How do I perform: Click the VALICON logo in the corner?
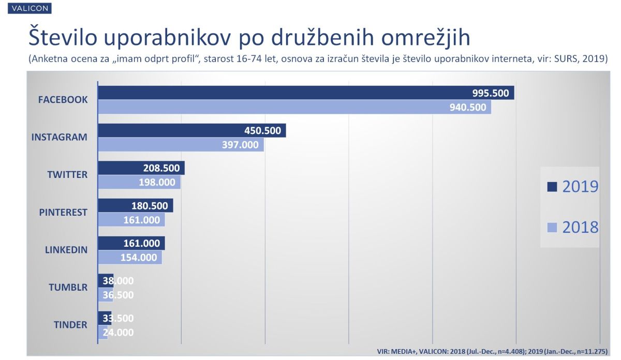pos(27,9)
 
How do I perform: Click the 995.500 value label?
pos(491,94)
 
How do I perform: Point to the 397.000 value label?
pos(240,145)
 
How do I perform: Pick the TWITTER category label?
pos(67,174)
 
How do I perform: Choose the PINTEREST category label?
pos(63,212)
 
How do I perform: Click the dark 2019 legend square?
pos(552,187)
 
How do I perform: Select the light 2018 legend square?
pos(552,227)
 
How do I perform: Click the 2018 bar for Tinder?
pos(103,333)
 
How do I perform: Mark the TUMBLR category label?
pos(68,287)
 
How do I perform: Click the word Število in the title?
pos(63,39)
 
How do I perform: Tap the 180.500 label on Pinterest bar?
pos(150,206)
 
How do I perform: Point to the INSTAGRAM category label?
pos(60,137)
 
